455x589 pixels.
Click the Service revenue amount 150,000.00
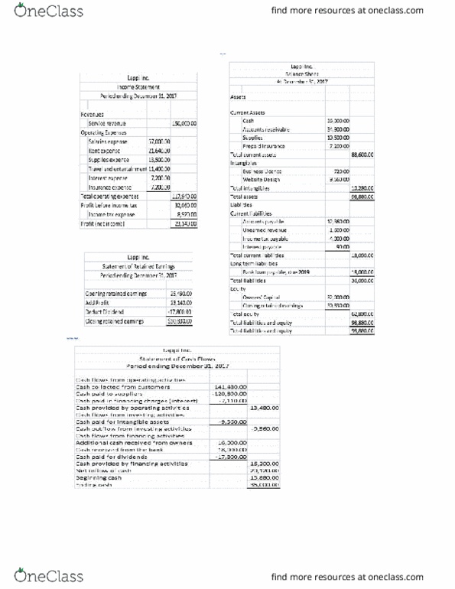coord(184,123)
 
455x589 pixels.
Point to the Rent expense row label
coord(103,151)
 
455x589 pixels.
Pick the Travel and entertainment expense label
coord(115,168)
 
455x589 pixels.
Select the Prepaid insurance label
coord(264,147)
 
